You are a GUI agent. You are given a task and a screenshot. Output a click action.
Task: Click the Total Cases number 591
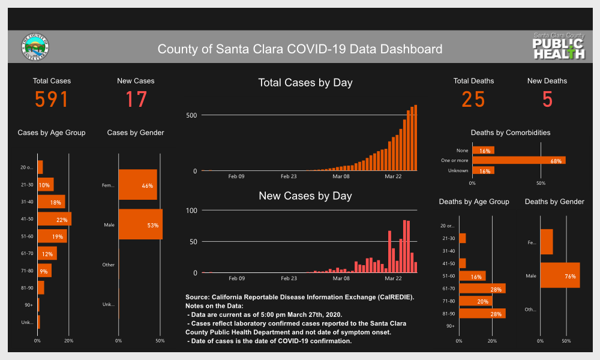[52, 100]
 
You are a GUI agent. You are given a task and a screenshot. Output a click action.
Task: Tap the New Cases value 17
[136, 100]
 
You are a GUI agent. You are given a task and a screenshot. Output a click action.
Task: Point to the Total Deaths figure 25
[473, 100]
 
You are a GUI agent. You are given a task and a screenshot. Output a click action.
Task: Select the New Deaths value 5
[547, 100]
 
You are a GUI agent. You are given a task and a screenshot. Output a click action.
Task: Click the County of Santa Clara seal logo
[35, 47]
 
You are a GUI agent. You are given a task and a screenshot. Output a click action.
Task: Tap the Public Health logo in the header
[559, 47]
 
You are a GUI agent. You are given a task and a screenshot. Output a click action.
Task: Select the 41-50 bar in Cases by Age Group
[55, 219]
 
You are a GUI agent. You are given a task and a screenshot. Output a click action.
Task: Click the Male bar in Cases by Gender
[140, 224]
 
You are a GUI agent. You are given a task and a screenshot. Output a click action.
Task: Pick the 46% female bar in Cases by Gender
[137, 185]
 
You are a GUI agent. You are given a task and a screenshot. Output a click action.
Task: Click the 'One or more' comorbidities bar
[518, 160]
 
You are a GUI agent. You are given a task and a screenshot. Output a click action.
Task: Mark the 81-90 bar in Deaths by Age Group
[482, 313]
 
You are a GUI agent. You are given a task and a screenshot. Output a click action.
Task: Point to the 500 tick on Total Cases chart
[191, 115]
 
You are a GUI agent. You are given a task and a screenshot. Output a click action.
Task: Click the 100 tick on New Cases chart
[192, 211]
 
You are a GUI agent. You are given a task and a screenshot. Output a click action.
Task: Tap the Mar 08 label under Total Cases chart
[341, 176]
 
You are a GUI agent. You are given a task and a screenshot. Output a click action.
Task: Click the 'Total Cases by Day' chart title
[305, 83]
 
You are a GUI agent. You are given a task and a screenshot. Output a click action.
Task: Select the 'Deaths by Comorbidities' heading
[511, 133]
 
